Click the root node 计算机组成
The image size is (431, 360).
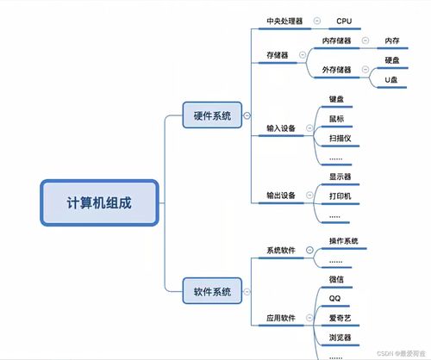pyautogui.click(x=100, y=203)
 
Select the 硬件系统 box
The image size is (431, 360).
pyautogui.click(x=211, y=115)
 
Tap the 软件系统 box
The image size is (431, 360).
pyautogui.click(x=211, y=292)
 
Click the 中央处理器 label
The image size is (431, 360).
pyautogui.click(x=284, y=20)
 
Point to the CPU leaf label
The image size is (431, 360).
pyautogui.click(x=344, y=20)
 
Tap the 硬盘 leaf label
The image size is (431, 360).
pyautogui.click(x=392, y=60)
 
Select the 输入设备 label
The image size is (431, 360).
pyautogui.click(x=280, y=128)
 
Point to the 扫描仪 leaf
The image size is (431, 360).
pyautogui.click(x=340, y=138)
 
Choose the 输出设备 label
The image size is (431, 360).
pyautogui.click(x=280, y=196)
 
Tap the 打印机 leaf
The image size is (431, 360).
pyautogui.click(x=340, y=196)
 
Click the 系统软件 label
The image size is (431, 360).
pyautogui.click(x=280, y=251)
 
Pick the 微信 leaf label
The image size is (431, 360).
pyautogui.click(x=337, y=279)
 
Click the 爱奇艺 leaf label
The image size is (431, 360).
pyautogui.click(x=340, y=318)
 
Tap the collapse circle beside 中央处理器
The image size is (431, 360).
pyautogui.click(x=317, y=20)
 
